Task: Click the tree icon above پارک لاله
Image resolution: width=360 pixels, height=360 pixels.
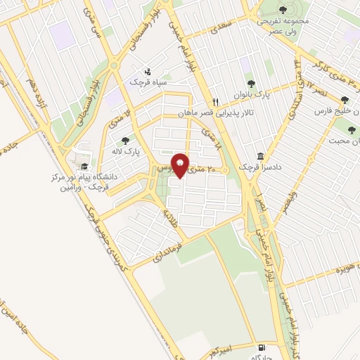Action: click(126, 141)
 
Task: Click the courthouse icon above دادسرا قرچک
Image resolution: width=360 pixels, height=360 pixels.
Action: click(260, 156)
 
